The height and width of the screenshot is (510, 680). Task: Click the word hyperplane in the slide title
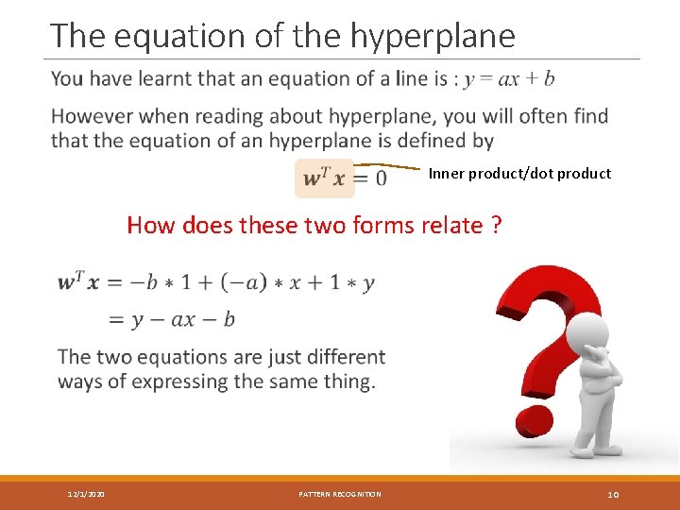(433, 36)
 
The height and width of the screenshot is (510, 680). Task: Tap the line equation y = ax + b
(509, 78)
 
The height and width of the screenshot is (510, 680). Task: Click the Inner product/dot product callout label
(519, 174)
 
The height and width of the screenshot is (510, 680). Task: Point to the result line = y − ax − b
(172, 319)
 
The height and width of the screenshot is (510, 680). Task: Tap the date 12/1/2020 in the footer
(86, 494)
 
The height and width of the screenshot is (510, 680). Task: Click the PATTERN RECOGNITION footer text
(340, 494)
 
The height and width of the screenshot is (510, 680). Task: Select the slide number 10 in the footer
(613, 494)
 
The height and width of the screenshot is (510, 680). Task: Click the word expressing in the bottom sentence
(181, 382)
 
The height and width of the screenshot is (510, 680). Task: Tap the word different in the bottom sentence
(342, 357)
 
